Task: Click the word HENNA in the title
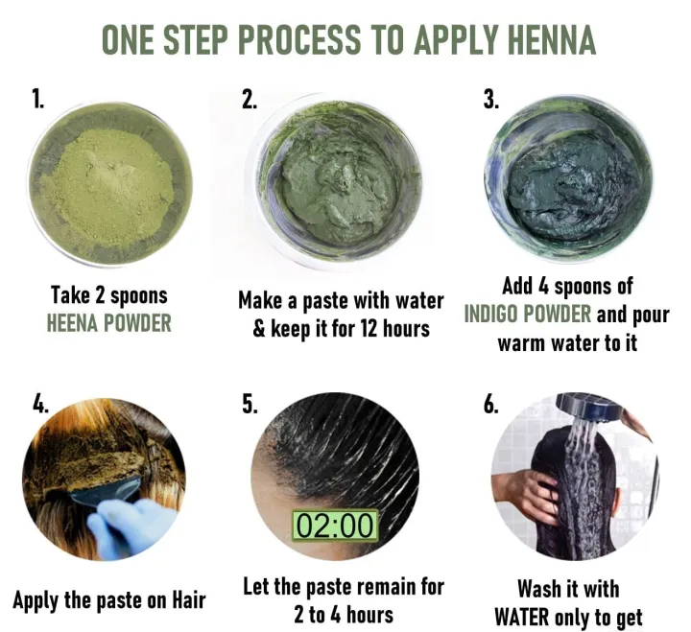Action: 551,40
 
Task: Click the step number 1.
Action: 37,98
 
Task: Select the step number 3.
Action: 491,100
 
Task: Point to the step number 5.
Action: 250,404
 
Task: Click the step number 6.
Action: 491,404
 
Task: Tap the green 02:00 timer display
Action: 335,526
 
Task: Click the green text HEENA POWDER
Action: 108,323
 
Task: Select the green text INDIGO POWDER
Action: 528,314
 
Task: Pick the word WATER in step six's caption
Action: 523,617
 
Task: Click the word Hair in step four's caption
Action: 189,599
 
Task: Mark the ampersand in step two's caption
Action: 259,329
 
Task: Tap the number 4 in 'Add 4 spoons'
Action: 542,286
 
